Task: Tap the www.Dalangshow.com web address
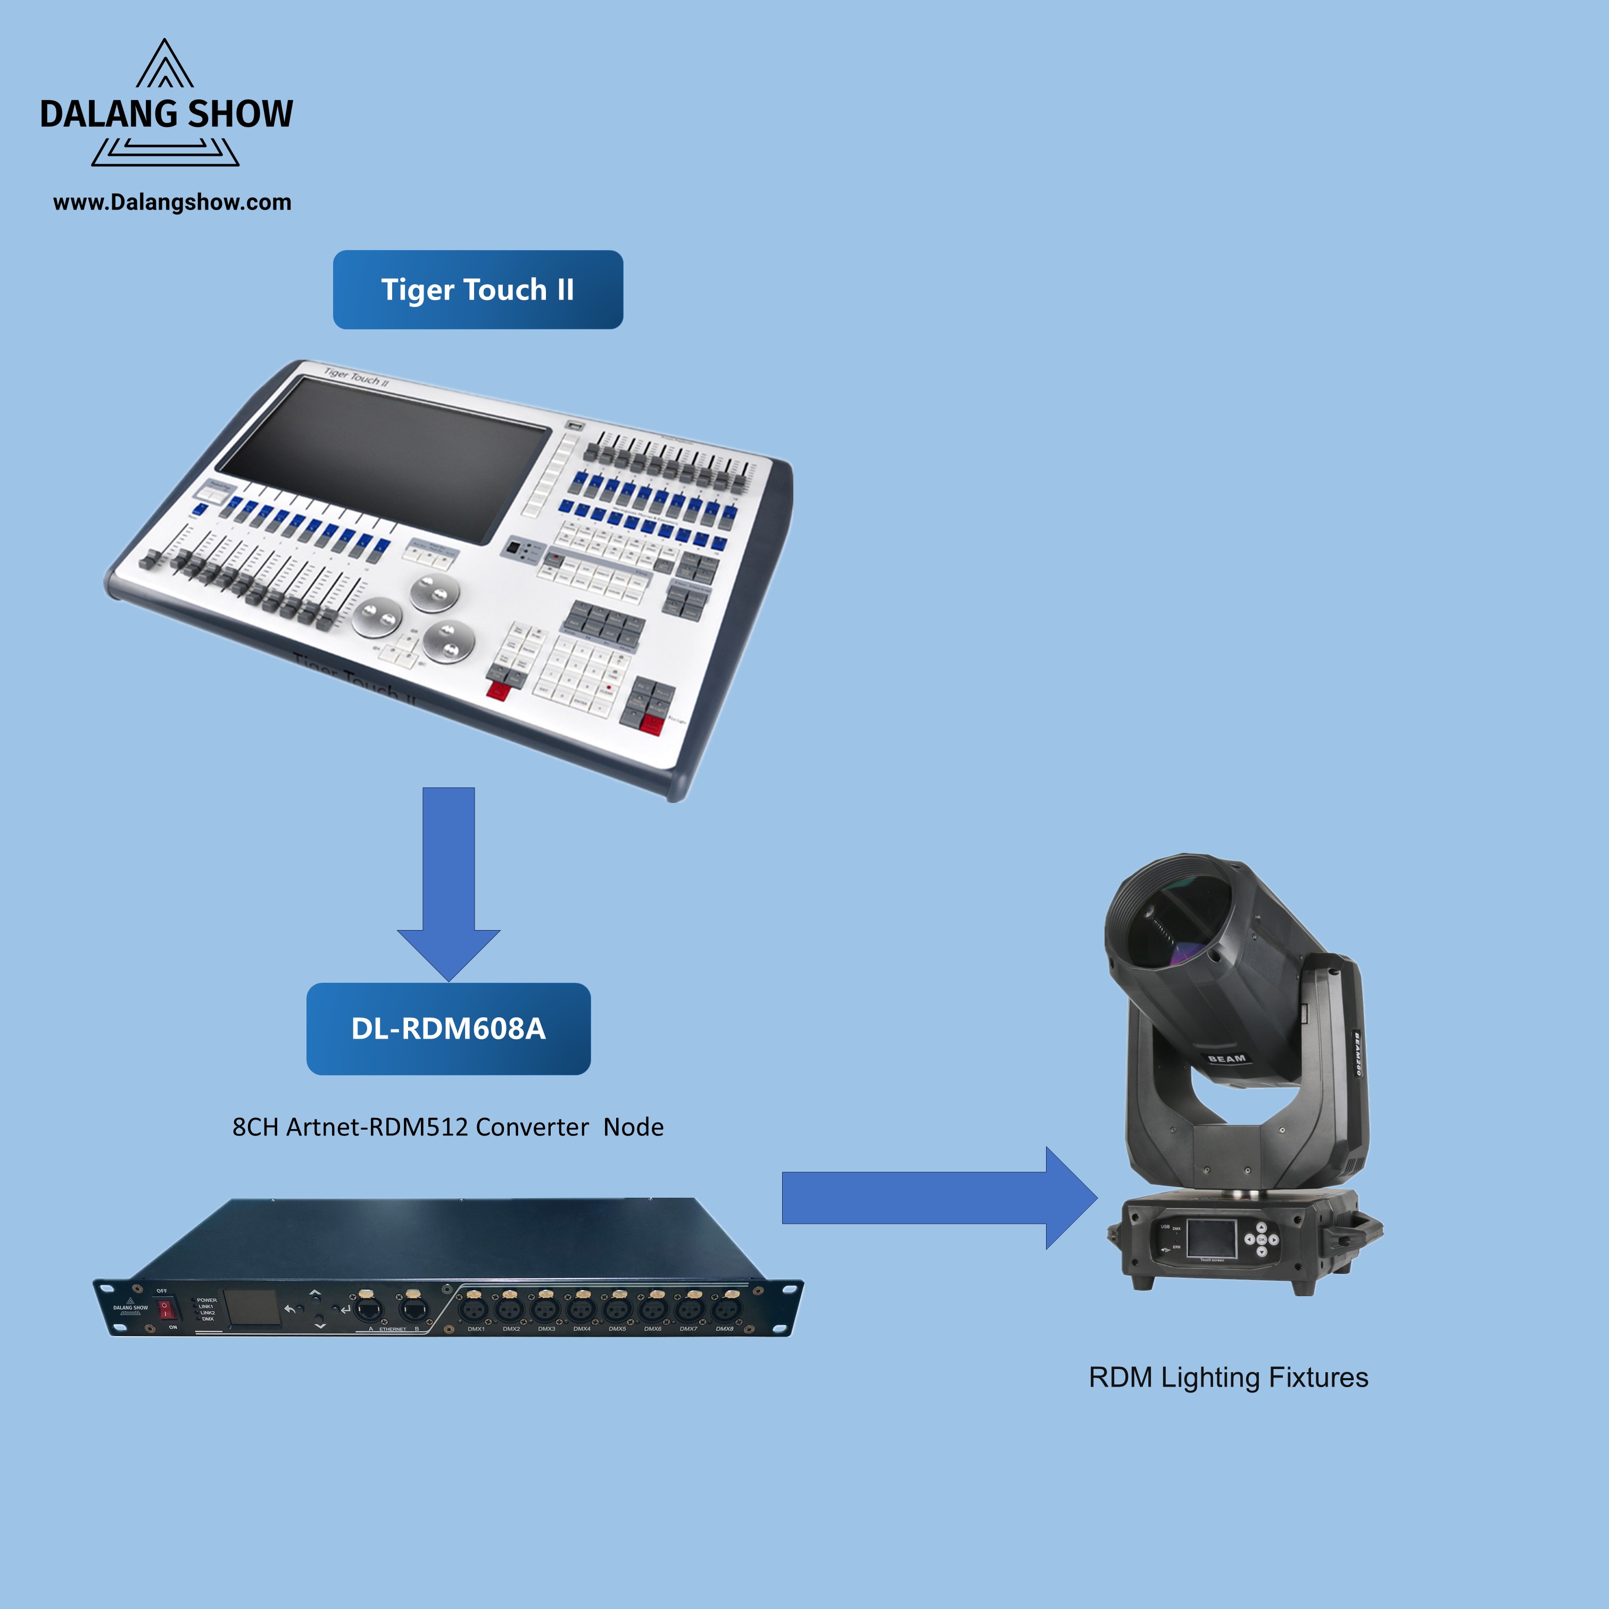point(172,202)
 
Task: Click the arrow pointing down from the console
point(449,883)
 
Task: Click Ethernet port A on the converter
point(368,1309)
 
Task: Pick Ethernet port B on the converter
point(414,1309)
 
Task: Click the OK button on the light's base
point(1261,1239)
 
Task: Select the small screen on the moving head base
point(1211,1238)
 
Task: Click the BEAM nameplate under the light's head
point(1227,1058)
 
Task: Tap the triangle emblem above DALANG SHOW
point(165,65)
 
